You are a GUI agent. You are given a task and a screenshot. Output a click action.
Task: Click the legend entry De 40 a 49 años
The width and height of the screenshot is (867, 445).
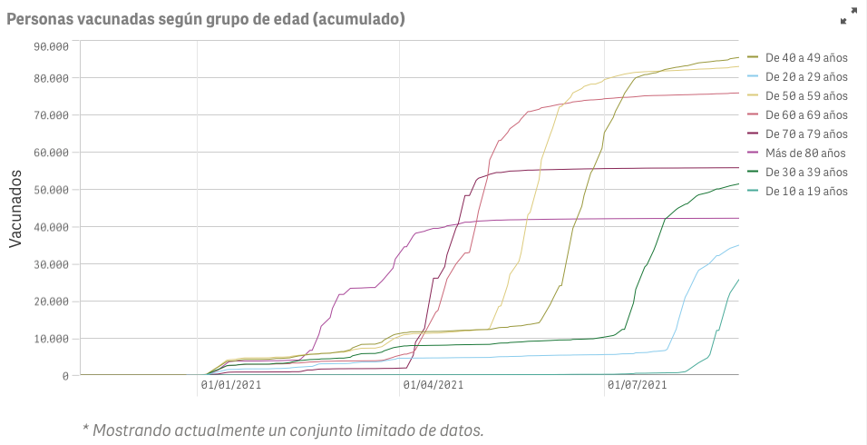pos(806,58)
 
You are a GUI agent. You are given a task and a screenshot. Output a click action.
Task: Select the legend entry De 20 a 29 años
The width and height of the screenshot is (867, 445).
pos(806,77)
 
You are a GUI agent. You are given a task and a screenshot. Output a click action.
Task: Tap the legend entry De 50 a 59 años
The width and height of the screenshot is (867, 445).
pos(806,96)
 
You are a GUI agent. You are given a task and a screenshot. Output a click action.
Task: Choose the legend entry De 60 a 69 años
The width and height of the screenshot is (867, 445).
pos(806,115)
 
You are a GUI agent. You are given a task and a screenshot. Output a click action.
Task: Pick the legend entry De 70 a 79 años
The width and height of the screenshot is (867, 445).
pos(806,134)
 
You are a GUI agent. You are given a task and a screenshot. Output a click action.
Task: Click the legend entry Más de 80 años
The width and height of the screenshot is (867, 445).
pos(804,153)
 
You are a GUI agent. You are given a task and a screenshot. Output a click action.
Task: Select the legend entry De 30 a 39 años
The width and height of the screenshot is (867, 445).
pos(806,173)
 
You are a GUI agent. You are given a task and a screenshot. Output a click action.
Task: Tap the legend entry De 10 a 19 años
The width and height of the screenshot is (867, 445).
pos(806,192)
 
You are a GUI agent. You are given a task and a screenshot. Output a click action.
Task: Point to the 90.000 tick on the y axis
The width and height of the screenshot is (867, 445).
pos(51,46)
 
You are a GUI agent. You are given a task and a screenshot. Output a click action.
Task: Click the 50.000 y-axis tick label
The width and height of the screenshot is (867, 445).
pos(51,190)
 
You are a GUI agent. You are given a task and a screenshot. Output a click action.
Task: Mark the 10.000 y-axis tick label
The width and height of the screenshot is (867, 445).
pos(51,339)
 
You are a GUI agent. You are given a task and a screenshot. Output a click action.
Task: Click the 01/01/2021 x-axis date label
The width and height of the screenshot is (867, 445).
pos(231,386)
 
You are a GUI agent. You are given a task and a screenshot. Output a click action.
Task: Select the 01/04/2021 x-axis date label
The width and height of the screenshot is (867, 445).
pos(433,386)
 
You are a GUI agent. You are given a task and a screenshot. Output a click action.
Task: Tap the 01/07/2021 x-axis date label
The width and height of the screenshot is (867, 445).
pos(637,386)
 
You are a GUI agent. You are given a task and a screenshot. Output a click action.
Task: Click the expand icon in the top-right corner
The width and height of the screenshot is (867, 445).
pos(848,16)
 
